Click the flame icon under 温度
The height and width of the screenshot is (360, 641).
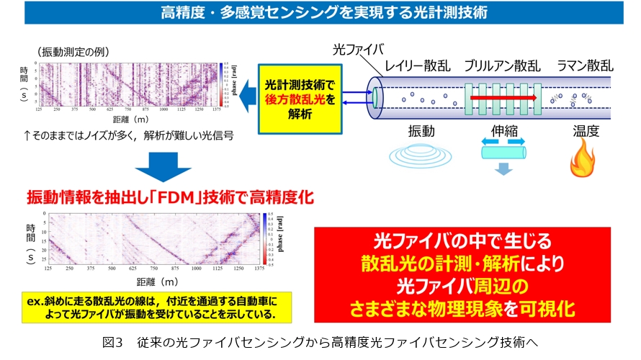[581, 160]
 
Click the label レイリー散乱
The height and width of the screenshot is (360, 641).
[417, 66]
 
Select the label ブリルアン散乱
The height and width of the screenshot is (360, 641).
[502, 66]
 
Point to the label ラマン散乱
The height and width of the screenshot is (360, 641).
[585, 66]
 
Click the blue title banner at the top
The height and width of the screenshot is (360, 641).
[320, 12]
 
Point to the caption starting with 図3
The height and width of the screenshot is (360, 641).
[320, 341]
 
